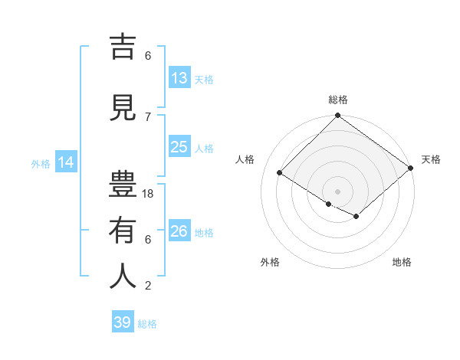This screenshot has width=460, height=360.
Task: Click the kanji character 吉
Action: tap(123, 47)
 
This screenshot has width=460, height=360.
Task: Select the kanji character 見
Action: tap(123, 108)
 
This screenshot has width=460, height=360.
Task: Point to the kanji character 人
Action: tap(123, 277)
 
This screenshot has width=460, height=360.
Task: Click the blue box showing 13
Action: tap(179, 78)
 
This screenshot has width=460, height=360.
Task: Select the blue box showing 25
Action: tap(179, 147)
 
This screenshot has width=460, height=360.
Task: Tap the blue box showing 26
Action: tap(179, 231)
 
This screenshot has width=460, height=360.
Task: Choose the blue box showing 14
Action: tap(65, 162)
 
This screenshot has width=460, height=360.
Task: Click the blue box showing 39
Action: tap(123, 322)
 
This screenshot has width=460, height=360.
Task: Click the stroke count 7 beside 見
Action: tap(148, 116)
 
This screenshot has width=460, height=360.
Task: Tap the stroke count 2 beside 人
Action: tap(148, 286)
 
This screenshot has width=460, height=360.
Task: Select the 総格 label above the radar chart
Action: tap(338, 100)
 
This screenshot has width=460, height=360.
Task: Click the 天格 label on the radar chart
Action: tap(431, 159)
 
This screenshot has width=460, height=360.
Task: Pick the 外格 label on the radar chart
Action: tap(269, 262)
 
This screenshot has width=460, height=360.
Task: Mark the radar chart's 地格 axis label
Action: tap(402, 262)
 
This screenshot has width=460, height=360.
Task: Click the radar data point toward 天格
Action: tap(411, 169)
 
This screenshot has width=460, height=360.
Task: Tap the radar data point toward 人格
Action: tap(280, 172)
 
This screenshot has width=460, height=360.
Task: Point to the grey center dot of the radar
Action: tap(337, 190)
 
